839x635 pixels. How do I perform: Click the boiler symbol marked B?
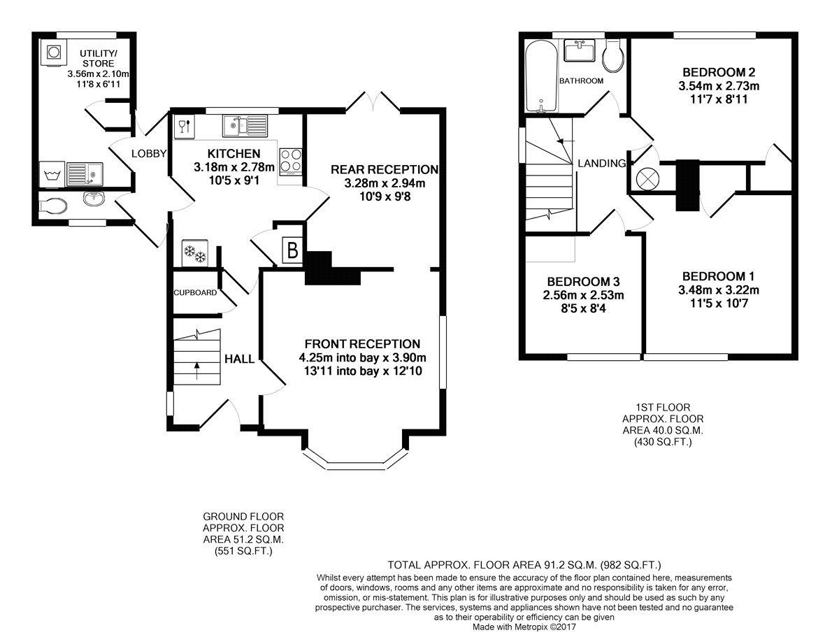click(x=292, y=250)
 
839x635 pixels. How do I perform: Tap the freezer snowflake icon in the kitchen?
click(x=195, y=253)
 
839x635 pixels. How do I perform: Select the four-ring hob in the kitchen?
click(x=291, y=162)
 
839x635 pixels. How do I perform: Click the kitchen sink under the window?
click(x=245, y=125)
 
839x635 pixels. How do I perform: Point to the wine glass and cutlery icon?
click(x=185, y=126)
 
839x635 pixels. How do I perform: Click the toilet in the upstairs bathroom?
click(x=612, y=56)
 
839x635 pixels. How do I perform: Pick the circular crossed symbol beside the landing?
click(x=647, y=178)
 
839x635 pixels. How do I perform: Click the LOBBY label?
click(x=149, y=154)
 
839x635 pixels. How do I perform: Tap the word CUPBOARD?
click(x=195, y=292)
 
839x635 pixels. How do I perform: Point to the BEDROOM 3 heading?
click(x=583, y=282)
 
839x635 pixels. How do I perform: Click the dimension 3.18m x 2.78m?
click(x=234, y=167)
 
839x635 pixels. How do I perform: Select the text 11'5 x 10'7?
click(x=719, y=304)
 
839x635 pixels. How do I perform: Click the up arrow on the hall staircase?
click(x=197, y=371)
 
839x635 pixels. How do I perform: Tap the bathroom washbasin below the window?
click(x=580, y=51)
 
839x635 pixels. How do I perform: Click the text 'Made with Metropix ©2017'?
click(x=524, y=627)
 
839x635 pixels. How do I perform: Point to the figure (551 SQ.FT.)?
click(x=243, y=551)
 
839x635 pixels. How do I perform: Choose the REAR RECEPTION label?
click(x=385, y=169)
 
